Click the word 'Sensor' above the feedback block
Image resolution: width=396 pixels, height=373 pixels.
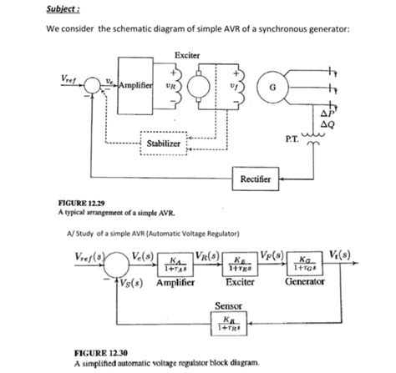(x=229, y=305)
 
